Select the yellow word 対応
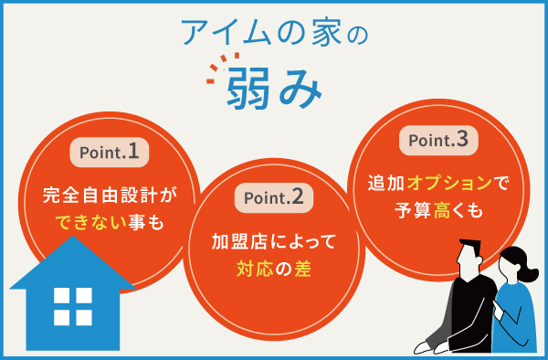[253, 270]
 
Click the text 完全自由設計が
[108, 195]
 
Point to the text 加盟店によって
[274, 242]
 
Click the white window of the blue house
[72, 306]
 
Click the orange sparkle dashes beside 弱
[216, 70]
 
